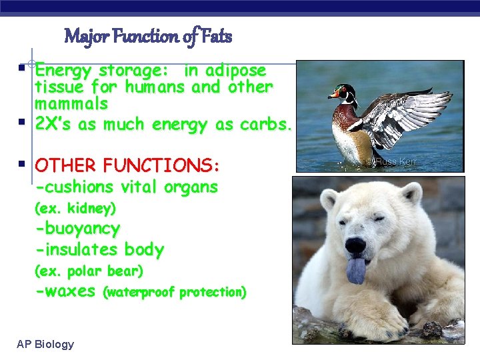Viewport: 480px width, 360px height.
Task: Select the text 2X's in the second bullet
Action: tap(54, 125)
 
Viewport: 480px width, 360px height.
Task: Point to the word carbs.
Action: tap(267, 125)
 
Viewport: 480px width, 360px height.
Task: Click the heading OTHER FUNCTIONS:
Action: tap(127, 165)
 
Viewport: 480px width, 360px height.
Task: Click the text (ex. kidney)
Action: tap(75, 209)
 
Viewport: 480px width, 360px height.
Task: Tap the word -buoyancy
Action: tap(77, 229)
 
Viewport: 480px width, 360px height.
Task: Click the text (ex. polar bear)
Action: tap(89, 271)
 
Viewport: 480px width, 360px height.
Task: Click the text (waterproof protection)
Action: tap(175, 292)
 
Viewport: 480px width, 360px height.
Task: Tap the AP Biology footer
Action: tap(45, 344)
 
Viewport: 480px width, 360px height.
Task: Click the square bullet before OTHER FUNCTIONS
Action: tap(22, 164)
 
